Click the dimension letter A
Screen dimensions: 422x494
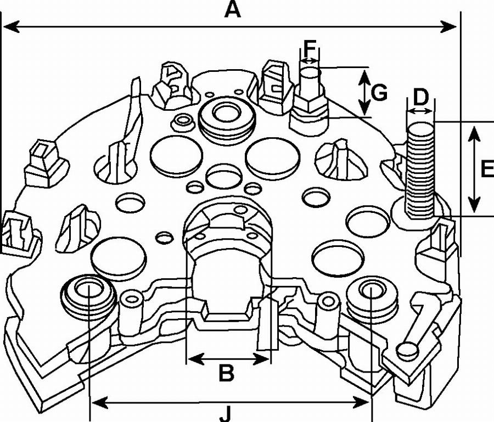click(x=232, y=10)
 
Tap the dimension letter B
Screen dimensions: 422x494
click(x=227, y=373)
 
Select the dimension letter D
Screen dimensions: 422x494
click(x=420, y=98)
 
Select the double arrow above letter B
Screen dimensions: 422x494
click(x=228, y=359)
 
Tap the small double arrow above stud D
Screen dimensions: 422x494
click(x=420, y=112)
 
